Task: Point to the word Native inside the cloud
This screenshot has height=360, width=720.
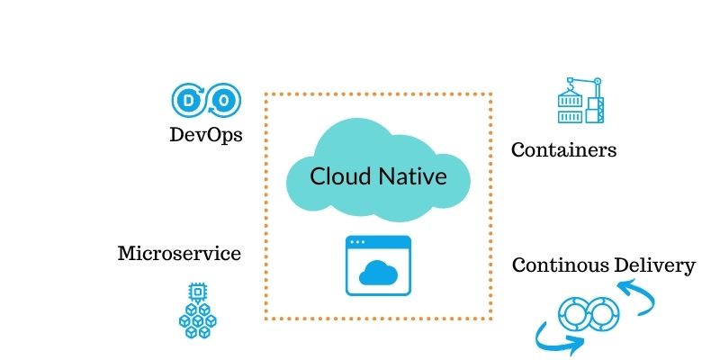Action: tap(413, 175)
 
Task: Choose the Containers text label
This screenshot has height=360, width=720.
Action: tap(564, 150)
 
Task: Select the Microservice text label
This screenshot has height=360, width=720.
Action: tap(179, 254)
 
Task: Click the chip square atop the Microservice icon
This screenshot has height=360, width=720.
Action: tap(195, 292)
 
